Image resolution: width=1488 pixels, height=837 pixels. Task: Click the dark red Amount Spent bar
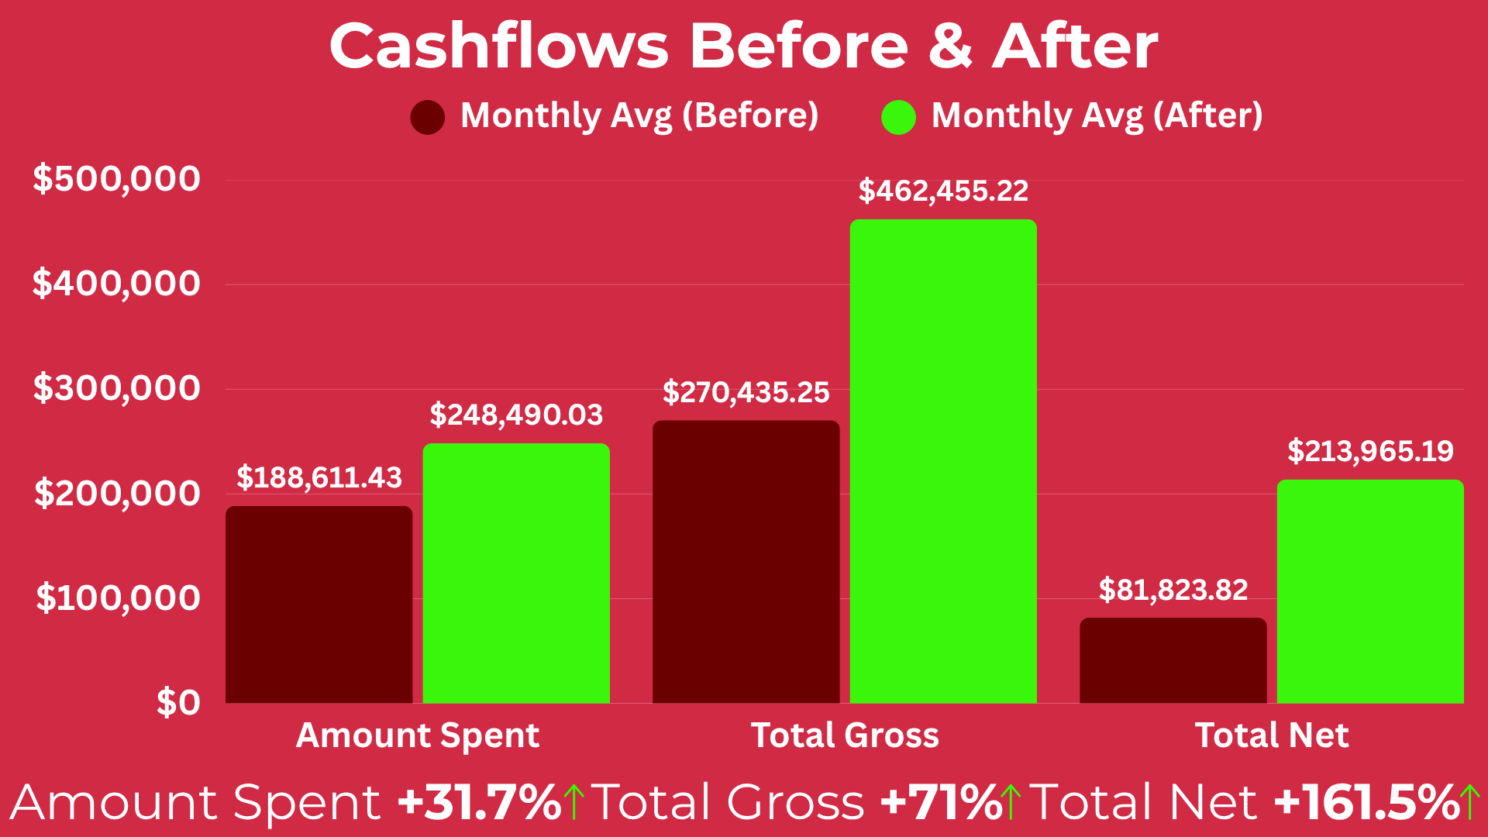(x=319, y=604)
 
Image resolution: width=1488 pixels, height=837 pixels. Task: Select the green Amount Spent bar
(x=516, y=573)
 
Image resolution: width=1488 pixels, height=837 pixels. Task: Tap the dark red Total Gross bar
(x=746, y=562)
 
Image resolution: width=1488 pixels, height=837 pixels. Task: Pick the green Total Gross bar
(x=943, y=461)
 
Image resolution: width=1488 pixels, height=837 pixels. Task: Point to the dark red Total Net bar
(x=1173, y=660)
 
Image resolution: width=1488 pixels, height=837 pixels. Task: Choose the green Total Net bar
(x=1370, y=591)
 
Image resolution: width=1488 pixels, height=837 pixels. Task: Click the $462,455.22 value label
(x=943, y=191)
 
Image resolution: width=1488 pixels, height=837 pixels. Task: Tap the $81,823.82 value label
(x=1173, y=591)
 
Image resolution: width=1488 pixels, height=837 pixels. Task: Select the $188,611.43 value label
(x=319, y=478)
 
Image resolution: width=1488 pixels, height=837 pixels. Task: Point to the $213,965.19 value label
(x=1370, y=451)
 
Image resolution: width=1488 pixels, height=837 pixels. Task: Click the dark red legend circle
(x=427, y=117)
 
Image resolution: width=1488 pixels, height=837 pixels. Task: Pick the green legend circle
(x=898, y=117)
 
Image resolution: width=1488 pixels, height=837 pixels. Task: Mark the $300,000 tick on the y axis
(x=116, y=388)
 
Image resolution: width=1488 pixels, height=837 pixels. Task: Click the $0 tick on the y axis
(x=178, y=703)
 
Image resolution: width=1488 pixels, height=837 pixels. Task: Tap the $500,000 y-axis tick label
(x=116, y=179)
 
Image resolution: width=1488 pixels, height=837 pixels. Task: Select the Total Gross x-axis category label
(x=845, y=735)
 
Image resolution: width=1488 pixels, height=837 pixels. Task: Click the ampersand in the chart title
(x=950, y=46)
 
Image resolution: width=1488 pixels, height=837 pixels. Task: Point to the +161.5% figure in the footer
(x=1366, y=802)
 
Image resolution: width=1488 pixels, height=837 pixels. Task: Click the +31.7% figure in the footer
(x=479, y=802)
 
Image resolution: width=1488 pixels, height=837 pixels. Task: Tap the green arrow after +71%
(x=1010, y=802)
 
